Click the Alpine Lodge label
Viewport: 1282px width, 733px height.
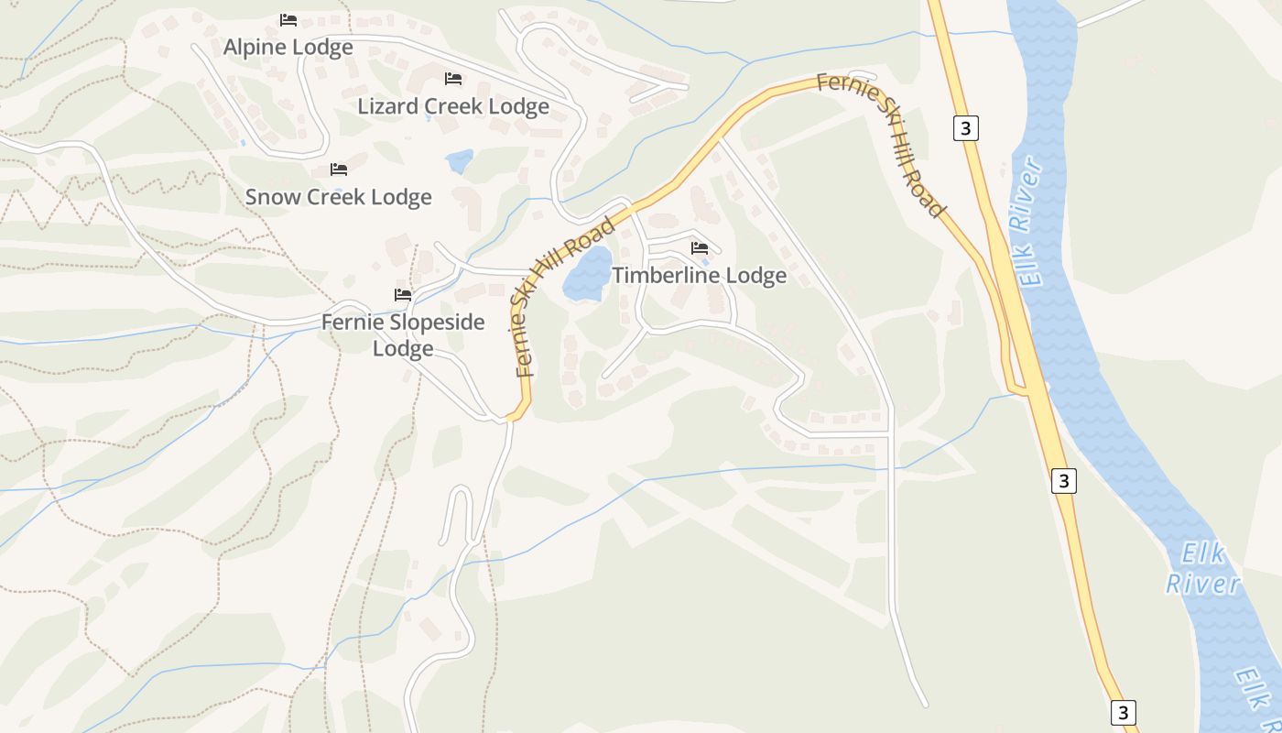tap(288, 48)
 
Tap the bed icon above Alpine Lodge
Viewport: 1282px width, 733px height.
tap(288, 19)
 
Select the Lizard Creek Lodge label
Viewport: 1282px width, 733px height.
tap(453, 106)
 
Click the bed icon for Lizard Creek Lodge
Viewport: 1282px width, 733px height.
tap(453, 79)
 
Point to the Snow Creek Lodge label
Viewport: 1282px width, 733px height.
tap(338, 197)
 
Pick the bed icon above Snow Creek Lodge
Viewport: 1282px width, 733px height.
tap(339, 170)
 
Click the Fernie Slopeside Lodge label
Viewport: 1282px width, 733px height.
tap(403, 335)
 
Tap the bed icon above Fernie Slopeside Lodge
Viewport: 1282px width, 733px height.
tap(403, 295)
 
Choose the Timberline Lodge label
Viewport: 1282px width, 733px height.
tap(699, 276)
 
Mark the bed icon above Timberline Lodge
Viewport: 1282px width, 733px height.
tap(700, 248)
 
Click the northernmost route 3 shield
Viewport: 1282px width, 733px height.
tap(965, 127)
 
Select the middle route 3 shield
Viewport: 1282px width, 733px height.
tap(1062, 480)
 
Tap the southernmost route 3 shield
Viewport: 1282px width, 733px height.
tap(1124, 713)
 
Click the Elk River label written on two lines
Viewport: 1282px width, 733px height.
tap(1202, 569)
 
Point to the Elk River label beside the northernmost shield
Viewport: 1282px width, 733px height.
tap(1030, 223)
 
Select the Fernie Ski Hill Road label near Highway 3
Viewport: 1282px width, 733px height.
tap(881, 144)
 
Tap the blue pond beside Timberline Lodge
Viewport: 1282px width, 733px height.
tap(587, 274)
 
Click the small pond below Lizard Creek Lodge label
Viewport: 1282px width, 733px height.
tap(460, 162)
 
